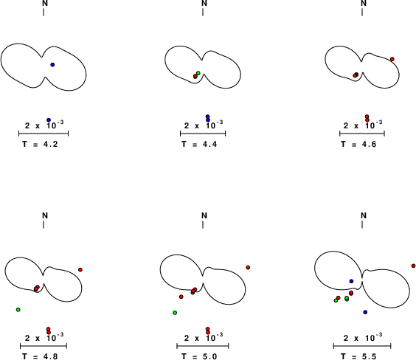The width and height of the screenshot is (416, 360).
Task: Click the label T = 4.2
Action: coord(40,145)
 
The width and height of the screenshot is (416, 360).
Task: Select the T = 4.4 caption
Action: coord(199,145)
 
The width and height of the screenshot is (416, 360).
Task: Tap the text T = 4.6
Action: coord(358,145)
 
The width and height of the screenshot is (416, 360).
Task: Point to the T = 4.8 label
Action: coord(40,356)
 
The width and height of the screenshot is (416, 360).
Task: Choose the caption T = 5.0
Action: coord(199,356)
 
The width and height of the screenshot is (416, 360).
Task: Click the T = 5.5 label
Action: coord(358,356)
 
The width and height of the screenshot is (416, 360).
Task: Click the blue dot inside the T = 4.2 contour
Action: coord(52,65)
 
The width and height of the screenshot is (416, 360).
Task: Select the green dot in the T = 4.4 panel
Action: coord(198,73)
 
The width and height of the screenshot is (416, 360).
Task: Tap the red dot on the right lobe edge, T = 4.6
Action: coord(392,59)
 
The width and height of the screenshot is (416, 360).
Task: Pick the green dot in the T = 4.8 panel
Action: coord(18,310)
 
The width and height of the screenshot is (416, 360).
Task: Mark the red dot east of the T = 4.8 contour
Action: coord(80,270)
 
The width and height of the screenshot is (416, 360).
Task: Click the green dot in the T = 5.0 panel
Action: coord(175,313)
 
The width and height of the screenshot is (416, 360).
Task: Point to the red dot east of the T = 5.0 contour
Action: coord(248,267)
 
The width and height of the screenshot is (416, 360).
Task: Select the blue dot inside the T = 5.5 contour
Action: coord(352,281)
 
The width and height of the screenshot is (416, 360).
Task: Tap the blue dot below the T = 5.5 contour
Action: coord(365,312)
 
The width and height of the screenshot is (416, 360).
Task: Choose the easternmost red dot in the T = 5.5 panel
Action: coord(413,266)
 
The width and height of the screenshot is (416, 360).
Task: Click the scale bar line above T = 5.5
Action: coord(362,346)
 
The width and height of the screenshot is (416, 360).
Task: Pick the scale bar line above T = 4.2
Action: coord(44,134)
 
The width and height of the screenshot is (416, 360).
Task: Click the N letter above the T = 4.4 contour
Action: coord(204,3)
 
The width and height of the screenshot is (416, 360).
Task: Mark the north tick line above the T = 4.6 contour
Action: coord(362,13)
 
